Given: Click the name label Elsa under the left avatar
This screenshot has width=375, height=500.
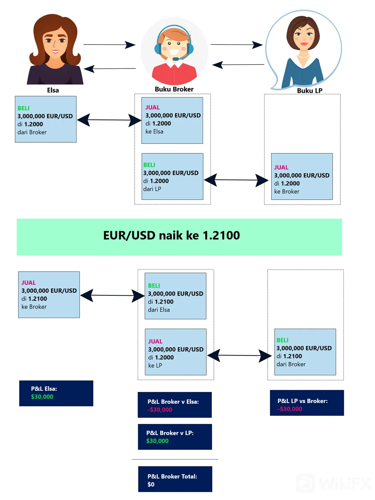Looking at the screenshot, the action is click(53, 90).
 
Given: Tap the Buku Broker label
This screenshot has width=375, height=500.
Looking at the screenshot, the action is click(174, 89).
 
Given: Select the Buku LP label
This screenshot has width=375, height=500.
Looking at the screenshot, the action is click(310, 90).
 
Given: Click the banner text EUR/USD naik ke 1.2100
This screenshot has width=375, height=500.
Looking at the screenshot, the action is click(172, 235).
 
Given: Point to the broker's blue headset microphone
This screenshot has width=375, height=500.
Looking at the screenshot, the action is click(177, 58).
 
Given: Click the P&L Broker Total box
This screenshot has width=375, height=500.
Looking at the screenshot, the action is click(175, 479).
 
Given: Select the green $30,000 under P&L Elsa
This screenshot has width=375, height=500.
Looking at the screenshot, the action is click(42, 397).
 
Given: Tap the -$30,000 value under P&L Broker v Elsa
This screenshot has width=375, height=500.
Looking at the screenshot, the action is click(160, 410).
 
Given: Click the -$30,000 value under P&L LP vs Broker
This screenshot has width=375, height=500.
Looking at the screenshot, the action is click(290, 409).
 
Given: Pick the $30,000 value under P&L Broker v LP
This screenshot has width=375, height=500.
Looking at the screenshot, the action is click(157, 441).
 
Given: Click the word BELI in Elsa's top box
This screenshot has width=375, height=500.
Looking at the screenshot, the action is click(23, 108).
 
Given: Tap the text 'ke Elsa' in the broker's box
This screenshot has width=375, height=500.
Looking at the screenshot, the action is click(154, 132).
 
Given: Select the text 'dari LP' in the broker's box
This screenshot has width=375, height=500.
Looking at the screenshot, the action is click(152, 189).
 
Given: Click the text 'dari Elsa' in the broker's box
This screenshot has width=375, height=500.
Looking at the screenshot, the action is click(159, 310).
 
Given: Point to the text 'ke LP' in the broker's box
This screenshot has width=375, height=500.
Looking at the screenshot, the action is click(155, 365).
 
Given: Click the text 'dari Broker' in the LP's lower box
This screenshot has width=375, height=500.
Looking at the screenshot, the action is click(291, 364).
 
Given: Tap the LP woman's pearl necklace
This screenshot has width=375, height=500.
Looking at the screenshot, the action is click(303, 56).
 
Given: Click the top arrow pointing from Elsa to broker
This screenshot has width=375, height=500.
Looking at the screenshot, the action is click(109, 45).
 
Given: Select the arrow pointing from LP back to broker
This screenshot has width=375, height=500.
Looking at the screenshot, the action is click(238, 65).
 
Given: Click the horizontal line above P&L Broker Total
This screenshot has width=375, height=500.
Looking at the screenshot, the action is click(175, 459).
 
